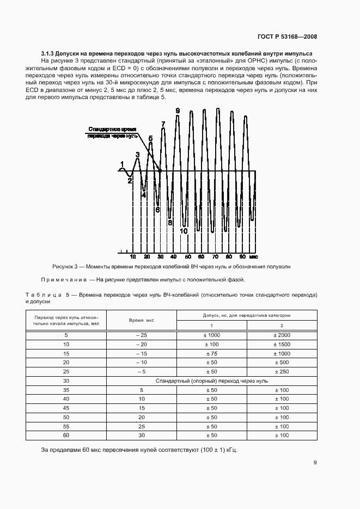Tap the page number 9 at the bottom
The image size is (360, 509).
(315, 463)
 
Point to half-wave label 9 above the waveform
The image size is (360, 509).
(178, 111)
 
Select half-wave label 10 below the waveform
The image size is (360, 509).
(184, 231)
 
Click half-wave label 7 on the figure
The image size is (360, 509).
(163, 125)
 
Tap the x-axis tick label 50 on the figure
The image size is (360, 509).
(187, 256)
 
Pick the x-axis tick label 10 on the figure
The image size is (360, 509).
(132, 256)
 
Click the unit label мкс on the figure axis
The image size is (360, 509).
(253, 256)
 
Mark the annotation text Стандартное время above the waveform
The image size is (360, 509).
(112, 129)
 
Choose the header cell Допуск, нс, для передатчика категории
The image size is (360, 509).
(247, 315)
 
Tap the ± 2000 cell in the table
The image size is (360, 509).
(282, 335)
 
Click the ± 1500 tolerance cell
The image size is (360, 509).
(282, 344)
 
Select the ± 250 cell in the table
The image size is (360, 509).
(282, 372)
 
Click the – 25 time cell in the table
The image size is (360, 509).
(142, 335)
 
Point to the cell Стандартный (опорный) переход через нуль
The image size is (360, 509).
(211, 381)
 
